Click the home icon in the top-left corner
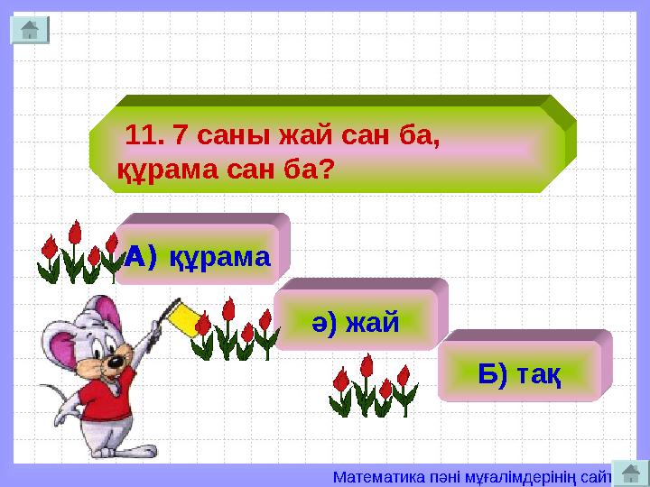[29, 30]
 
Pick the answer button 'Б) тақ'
[519, 373]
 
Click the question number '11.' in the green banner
[144, 136]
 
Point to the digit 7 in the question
[181, 136]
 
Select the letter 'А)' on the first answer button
[140, 257]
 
